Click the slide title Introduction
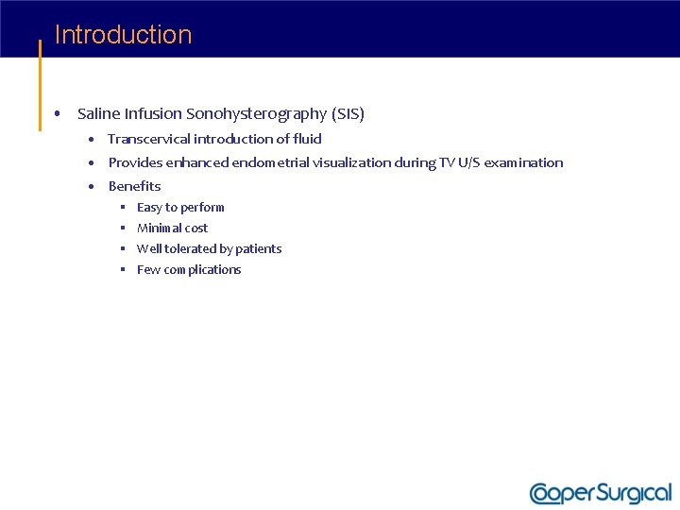click(123, 35)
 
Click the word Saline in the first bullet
click(98, 114)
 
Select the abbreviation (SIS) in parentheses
click(348, 114)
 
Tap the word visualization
click(351, 162)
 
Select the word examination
click(523, 162)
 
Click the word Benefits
click(134, 186)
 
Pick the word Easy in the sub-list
click(149, 208)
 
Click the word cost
click(196, 229)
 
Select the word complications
click(202, 270)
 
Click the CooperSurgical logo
click(600, 493)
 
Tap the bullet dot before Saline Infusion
click(59, 114)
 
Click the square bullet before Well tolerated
click(123, 249)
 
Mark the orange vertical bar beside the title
click(40, 85)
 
